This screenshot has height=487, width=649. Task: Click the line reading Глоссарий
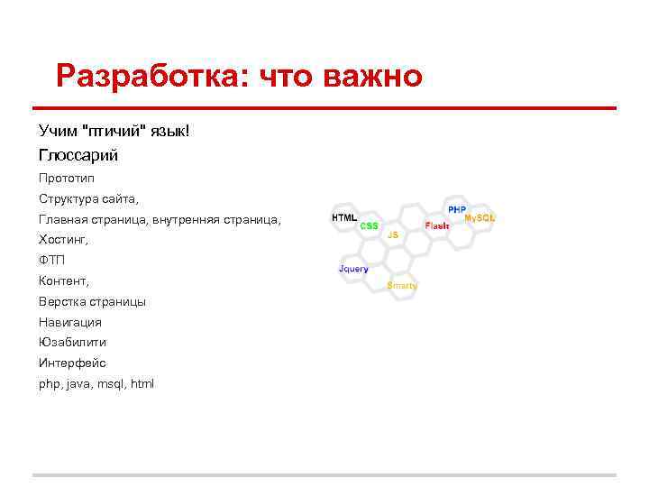pyautogui.click(x=78, y=155)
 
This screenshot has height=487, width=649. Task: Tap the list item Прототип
pyautogui.click(x=66, y=178)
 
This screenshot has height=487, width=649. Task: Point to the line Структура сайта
pyautogui.click(x=88, y=198)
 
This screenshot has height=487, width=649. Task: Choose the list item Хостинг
pyautogui.click(x=64, y=240)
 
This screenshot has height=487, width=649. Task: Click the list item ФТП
pyautogui.click(x=52, y=260)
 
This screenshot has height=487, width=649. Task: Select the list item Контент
pyautogui.click(x=64, y=281)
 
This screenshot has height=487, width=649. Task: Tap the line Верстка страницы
pyautogui.click(x=92, y=301)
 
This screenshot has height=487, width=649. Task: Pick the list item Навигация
pyautogui.click(x=70, y=322)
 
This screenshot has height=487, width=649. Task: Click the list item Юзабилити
pyautogui.click(x=72, y=343)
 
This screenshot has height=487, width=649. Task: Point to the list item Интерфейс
pyautogui.click(x=72, y=363)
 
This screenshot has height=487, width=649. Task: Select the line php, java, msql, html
pyautogui.click(x=96, y=384)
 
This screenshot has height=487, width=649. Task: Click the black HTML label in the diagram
pyautogui.click(x=344, y=217)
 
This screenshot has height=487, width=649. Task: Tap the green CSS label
pyautogui.click(x=370, y=226)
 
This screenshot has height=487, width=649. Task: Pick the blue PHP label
pyautogui.click(x=457, y=208)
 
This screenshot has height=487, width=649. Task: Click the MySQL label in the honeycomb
pyautogui.click(x=480, y=218)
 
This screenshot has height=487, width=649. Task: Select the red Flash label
pyautogui.click(x=437, y=225)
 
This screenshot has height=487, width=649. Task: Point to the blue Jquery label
pyautogui.click(x=353, y=269)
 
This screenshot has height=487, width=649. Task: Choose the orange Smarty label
pyautogui.click(x=402, y=285)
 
